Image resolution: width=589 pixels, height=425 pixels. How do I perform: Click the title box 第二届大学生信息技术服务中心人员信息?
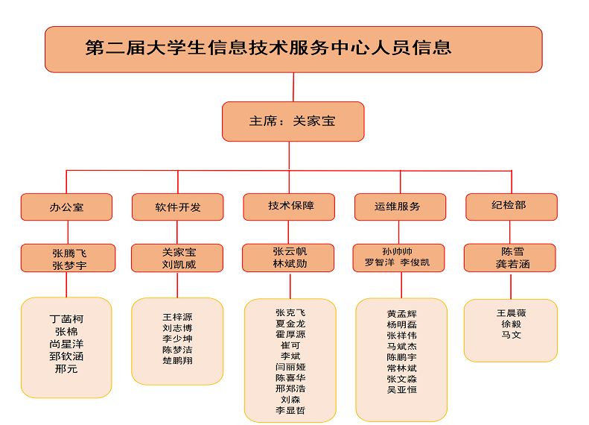click(293, 49)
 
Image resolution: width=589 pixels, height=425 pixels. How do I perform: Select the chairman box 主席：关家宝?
click(293, 122)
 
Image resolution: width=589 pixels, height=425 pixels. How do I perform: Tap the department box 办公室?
click(66, 207)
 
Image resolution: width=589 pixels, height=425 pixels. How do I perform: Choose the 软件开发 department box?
click(178, 207)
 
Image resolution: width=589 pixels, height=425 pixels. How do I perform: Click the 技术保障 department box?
click(289, 207)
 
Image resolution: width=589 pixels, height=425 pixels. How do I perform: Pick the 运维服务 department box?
click(400, 207)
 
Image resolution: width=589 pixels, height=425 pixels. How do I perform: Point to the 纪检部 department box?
click(512, 207)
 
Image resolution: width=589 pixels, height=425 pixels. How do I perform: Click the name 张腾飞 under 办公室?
click(69, 253)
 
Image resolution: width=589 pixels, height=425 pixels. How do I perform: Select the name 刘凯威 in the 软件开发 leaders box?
click(179, 265)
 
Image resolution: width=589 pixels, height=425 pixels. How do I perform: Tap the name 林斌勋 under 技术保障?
click(290, 264)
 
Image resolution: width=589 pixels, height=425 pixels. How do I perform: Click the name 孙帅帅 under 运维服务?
click(397, 251)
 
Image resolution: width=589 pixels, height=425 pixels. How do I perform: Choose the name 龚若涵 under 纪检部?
click(512, 264)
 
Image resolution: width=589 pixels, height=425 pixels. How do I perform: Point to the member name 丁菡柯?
click(66, 319)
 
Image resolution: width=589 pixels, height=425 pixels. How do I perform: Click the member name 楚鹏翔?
click(177, 360)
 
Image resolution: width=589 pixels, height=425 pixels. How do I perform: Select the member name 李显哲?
click(290, 410)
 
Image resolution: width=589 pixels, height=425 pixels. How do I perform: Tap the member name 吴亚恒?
click(401, 390)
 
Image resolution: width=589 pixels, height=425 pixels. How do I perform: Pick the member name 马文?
click(511, 335)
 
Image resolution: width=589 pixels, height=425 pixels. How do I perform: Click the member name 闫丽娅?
click(290, 367)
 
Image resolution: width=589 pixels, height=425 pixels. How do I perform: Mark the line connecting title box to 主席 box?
click(293, 87)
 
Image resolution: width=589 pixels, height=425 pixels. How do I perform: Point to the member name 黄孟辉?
click(401, 314)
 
